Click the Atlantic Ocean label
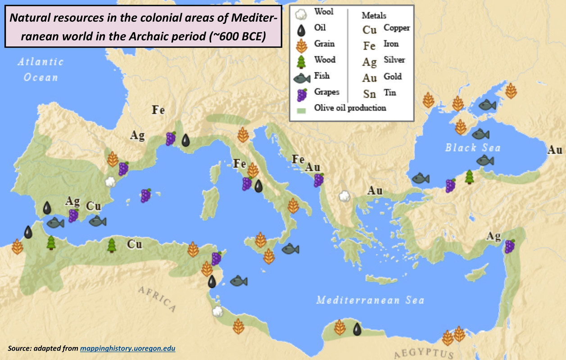pos(41,69)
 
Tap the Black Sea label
pos(472,148)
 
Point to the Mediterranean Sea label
pos(370,300)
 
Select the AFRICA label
pos(157,299)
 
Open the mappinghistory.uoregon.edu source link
pos(127,348)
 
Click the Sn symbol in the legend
pos(369,94)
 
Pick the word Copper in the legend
pos(396,28)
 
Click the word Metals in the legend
pos(374,15)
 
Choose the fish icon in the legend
pos(302,78)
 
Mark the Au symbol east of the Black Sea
pos(555,150)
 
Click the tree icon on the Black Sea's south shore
pos(469,177)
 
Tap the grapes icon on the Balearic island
pos(146,195)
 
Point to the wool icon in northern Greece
pos(344,196)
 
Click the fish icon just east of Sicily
pos(290,249)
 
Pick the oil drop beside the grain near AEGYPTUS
pos(357,329)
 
